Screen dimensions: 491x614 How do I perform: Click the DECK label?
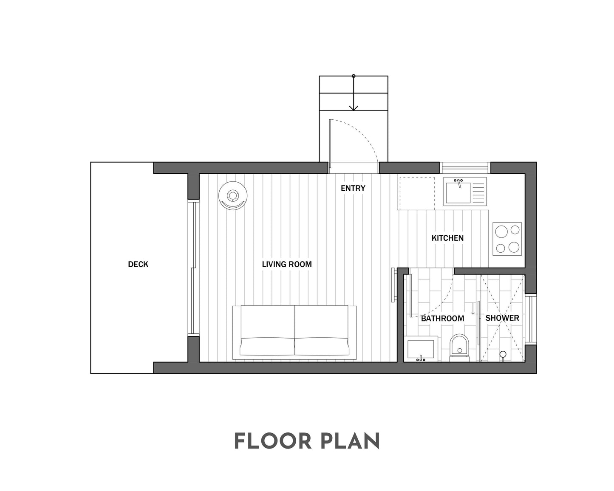pos(138,265)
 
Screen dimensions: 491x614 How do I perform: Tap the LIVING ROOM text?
pos(287,265)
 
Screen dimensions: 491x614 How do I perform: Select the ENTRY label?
pos(353,188)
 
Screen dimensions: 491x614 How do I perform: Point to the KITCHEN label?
pos(447,238)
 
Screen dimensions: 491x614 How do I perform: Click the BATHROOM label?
pos(442,318)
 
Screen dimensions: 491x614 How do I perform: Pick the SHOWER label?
pos(502,318)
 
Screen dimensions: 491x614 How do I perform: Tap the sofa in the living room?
pos(294,331)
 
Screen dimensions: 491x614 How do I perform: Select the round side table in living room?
pos(232,196)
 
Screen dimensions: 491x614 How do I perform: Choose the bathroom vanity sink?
pos(421,349)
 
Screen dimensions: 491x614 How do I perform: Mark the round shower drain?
pos(503,354)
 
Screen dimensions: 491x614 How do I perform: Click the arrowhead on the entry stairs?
pos(354,108)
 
